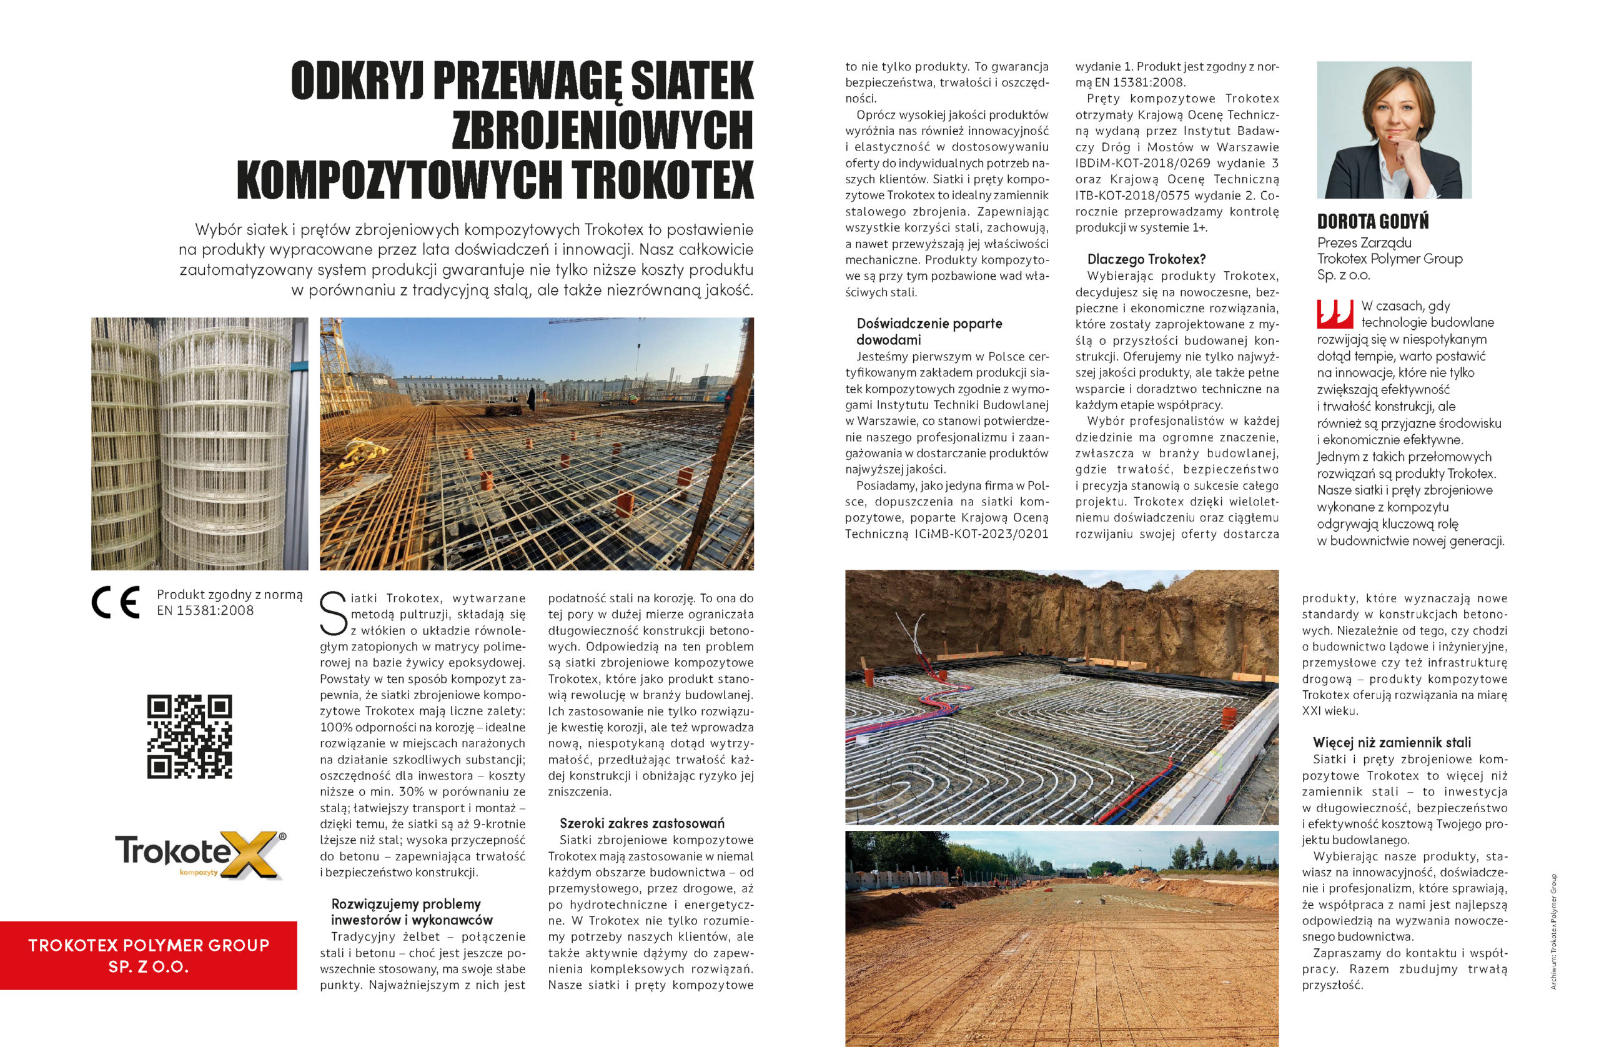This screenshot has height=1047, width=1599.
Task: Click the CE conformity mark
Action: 116,602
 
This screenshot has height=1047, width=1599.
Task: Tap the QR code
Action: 189,737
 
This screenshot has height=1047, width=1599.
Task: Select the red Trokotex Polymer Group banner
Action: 149,955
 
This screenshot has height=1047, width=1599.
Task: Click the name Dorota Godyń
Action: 1373,221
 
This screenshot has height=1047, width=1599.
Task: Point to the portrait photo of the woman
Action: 1394,130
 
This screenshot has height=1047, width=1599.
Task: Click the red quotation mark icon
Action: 1334,314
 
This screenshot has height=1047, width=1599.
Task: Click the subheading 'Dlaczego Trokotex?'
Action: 1146,259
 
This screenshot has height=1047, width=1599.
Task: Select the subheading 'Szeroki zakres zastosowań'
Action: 641,823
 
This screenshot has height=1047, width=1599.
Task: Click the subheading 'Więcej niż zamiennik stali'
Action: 1392,743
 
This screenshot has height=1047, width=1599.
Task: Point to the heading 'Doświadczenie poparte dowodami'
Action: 929,331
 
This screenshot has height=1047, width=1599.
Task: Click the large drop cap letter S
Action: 334,613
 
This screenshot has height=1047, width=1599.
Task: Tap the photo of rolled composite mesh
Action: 199,444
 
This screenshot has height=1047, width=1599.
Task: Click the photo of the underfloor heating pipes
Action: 1061,697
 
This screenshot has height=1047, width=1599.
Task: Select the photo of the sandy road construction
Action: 1061,938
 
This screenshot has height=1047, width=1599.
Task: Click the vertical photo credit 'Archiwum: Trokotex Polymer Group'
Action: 1553,931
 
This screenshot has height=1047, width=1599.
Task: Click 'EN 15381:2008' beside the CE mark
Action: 205,611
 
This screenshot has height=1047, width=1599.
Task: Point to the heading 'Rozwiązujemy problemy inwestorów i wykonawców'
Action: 411,912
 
